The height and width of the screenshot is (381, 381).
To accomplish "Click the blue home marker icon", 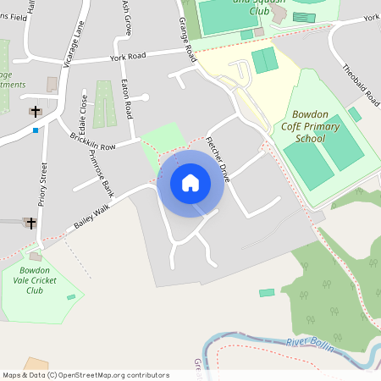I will tap(190, 183).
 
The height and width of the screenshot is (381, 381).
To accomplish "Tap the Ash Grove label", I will tap(127, 18).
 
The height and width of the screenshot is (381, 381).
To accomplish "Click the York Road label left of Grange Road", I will tap(128, 58).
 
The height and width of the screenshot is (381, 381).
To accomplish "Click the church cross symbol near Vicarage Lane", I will tap(35, 111).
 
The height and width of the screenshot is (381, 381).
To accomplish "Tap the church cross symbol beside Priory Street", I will tap(30, 224).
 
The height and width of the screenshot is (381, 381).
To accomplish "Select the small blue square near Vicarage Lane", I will tap(36, 130).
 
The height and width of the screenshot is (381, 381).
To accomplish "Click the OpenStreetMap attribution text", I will tap(86, 375).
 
